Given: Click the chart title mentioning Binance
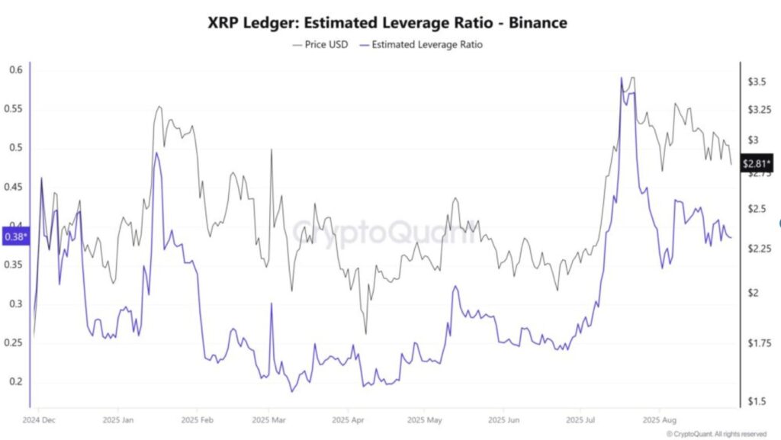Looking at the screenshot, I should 387,23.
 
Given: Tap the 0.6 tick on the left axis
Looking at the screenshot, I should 15,70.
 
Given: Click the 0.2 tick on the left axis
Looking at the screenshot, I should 15,382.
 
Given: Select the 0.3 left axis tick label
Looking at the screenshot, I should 15,304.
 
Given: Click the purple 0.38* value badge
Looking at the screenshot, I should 15,237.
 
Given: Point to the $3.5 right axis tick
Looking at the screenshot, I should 757,82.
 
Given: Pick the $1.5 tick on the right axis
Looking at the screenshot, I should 757,401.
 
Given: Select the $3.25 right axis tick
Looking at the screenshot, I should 759,111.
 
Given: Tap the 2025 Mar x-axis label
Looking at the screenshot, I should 268,420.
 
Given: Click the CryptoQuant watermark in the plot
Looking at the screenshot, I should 387,230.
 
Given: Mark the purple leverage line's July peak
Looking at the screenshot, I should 622,78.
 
